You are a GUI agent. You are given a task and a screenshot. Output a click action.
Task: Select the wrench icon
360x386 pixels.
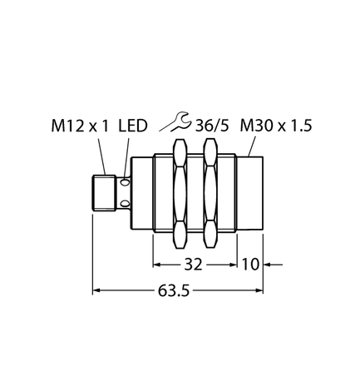pos(170,124)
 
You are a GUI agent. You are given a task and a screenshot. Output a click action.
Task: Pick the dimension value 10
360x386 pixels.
pos(250,266)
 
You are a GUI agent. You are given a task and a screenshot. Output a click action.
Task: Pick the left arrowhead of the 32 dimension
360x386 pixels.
pos(156,266)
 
